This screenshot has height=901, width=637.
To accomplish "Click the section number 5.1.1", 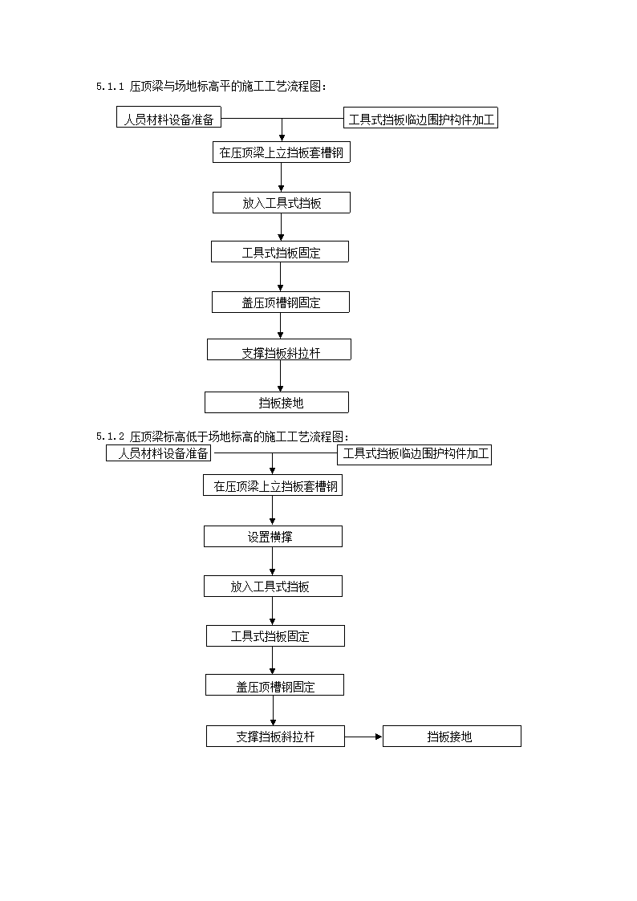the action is tap(110, 87).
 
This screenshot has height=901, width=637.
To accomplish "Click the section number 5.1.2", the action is tap(110, 436).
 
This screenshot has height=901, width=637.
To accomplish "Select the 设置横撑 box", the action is tap(273, 537).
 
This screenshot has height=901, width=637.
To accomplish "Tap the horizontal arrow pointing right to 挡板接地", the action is tap(363, 736).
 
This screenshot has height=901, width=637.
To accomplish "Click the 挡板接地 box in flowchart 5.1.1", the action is tap(277, 402).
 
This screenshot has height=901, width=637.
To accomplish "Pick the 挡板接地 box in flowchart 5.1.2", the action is tap(452, 736).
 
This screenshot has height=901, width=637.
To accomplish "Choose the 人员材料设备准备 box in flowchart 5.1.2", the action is tap(159, 453).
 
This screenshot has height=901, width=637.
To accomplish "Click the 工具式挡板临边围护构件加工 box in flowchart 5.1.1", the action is tap(420, 118).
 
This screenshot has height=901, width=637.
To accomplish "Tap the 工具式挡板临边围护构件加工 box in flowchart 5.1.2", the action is tap(414, 455).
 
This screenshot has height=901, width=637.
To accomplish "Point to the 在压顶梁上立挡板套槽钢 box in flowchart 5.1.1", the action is tap(282, 152).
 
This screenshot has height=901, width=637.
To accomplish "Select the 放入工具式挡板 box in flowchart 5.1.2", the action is tap(273, 586).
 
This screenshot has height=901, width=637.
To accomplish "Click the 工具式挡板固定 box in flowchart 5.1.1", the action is tap(280, 252).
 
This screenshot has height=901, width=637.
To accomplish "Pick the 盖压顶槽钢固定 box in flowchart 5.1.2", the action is tap(275, 685).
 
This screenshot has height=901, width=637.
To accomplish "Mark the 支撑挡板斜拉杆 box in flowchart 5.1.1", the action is tap(279, 349).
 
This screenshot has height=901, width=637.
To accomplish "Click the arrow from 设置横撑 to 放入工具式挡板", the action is tap(272, 562).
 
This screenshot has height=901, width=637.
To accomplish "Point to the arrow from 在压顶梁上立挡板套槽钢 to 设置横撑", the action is tap(272, 510).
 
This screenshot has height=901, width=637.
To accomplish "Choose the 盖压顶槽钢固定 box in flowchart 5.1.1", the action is tap(281, 302).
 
